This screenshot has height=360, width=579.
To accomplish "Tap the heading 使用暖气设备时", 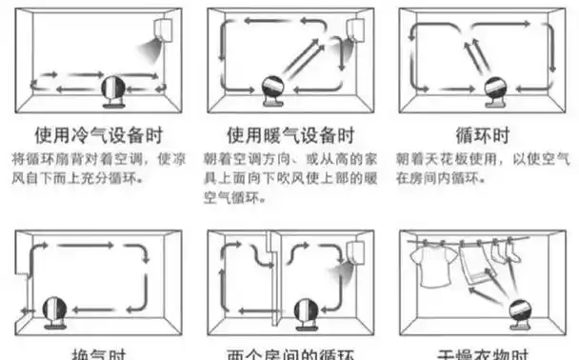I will coord(290,134).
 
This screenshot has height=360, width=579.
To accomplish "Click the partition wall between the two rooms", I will coord(273,276).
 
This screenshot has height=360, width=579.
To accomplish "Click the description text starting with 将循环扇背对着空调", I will coord(95,165).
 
